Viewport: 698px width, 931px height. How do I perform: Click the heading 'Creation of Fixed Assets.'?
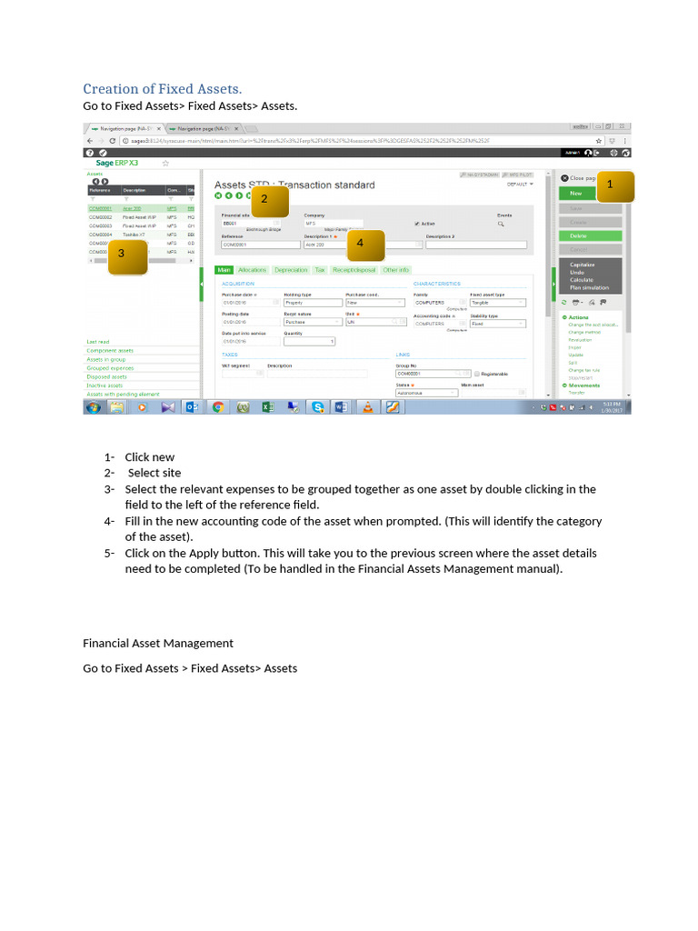162,88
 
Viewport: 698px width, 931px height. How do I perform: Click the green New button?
576,194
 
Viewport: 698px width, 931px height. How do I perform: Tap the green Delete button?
578,235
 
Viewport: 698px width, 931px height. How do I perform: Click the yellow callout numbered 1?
610,185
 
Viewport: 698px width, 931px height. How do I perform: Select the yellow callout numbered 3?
122,254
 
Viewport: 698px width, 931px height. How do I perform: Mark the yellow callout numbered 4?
360,244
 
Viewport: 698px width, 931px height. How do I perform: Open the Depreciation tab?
291,270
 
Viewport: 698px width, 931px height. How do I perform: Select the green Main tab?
224,270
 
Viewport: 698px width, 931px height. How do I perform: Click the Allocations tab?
252,270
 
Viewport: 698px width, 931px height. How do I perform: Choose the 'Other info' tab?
395,270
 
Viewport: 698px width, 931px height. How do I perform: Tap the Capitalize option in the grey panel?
582,265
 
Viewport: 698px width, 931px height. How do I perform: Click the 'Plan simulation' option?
589,287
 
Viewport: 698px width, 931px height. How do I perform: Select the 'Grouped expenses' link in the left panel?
110,368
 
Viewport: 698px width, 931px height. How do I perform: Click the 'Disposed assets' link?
106,376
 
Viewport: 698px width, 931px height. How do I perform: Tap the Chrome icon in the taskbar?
218,407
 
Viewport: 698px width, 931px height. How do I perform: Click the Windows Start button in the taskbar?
92,407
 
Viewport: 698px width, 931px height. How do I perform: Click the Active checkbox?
417,223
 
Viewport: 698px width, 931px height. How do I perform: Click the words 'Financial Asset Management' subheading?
158,643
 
